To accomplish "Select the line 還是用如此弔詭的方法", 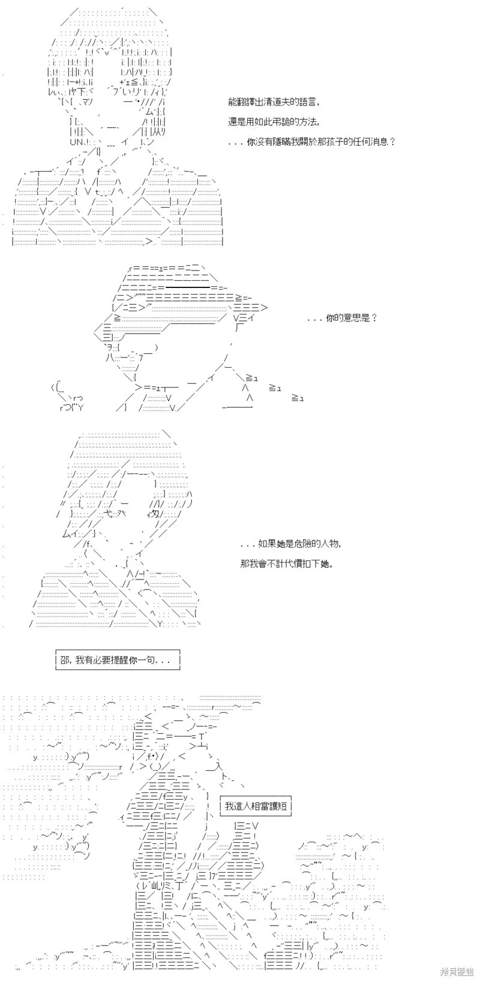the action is tap(274, 122).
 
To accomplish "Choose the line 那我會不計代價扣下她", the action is tap(287, 564).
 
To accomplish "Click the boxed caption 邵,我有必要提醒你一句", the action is tap(118, 659).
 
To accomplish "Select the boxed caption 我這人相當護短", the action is tap(256, 806).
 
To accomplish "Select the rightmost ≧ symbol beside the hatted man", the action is tap(298, 398).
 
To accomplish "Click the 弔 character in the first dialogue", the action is tap(278, 122).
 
